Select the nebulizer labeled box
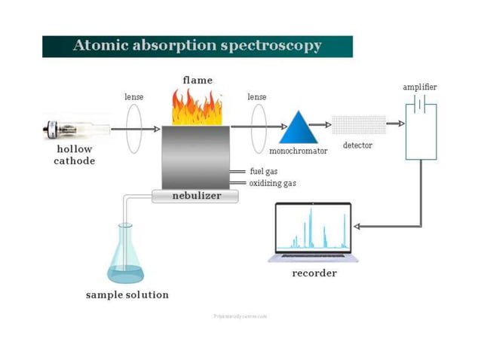[x=195, y=196]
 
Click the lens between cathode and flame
[x=134, y=129]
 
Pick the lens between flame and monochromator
[x=257, y=129]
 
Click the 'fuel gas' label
[x=264, y=172]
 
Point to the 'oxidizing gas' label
[x=273, y=182]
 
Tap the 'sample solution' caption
[x=127, y=294]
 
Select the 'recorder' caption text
[x=314, y=273]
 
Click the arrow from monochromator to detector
[x=321, y=125]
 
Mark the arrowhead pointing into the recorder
[x=357, y=226]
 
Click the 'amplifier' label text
[x=420, y=87]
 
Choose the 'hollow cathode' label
[x=74, y=155]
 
